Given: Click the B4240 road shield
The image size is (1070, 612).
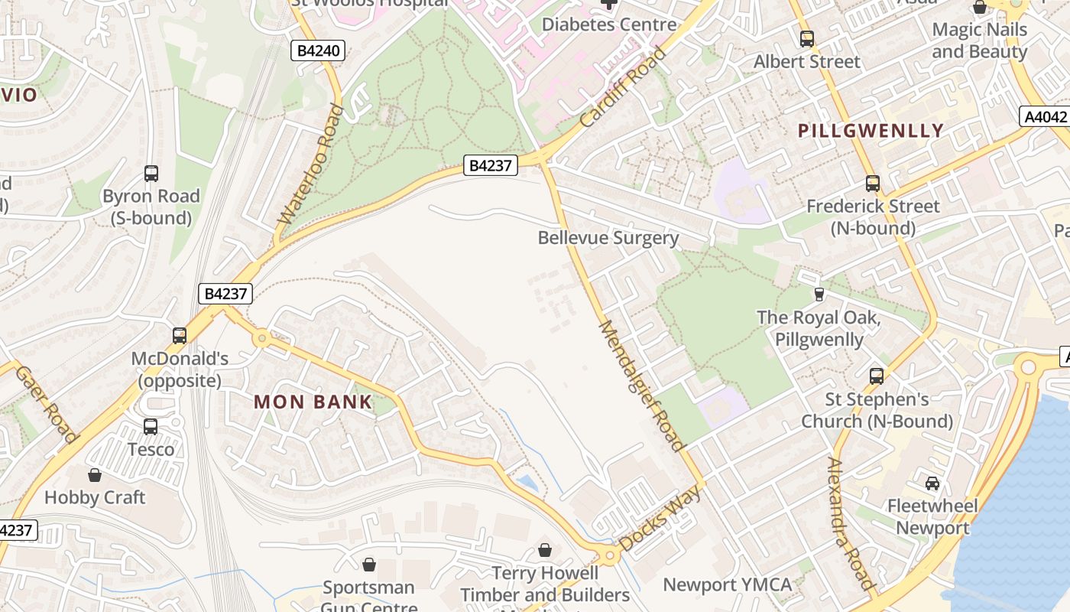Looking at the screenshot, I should [318, 51].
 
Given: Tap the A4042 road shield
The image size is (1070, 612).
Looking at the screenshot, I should [1044, 117].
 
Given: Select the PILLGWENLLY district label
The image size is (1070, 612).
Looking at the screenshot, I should [871, 131].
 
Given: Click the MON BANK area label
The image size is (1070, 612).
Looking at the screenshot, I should [313, 402].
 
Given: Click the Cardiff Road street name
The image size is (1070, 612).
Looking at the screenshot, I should [623, 86].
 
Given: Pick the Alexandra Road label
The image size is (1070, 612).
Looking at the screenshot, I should [850, 524].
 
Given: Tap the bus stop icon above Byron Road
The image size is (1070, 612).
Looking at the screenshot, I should [151, 174].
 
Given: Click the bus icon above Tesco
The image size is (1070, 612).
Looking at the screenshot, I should [151, 427].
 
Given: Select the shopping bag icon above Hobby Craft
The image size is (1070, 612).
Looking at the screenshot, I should [95, 475].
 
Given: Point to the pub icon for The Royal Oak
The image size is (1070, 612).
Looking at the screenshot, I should [819, 294].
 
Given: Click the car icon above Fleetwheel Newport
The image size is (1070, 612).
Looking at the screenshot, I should [932, 483].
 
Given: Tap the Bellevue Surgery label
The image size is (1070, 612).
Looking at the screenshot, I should [608, 238].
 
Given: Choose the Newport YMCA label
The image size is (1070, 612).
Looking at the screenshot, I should [727, 585].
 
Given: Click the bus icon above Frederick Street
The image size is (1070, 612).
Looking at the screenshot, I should [873, 184].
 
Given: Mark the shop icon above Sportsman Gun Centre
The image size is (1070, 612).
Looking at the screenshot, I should [369, 565].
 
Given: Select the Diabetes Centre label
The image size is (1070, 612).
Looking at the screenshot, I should [609, 24].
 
